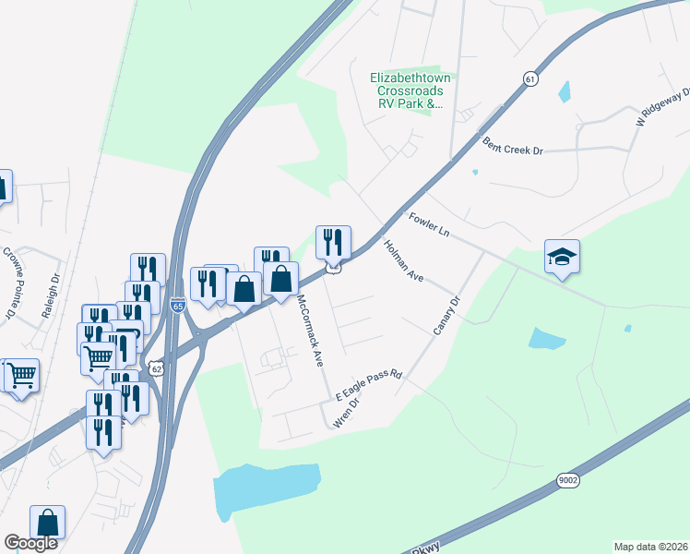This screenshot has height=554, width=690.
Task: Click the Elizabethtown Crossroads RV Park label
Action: (x=407, y=91)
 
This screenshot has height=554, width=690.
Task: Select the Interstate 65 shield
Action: (x=177, y=305)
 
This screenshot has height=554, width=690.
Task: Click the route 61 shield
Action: (x=529, y=79)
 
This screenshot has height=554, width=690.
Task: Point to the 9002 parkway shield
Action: (x=569, y=479)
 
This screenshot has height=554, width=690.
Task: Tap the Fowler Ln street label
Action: (x=429, y=223)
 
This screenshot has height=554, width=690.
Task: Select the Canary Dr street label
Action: (x=446, y=314)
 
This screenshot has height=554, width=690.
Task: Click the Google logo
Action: (x=31, y=543)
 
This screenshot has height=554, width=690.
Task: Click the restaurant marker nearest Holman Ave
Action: (x=333, y=242)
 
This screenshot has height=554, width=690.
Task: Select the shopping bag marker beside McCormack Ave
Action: (x=280, y=278)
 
